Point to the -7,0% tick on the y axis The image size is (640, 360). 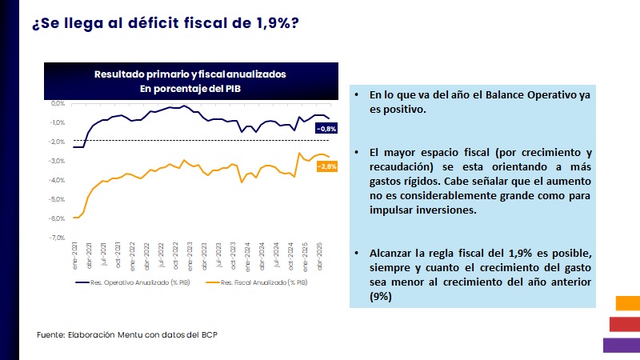[57, 238]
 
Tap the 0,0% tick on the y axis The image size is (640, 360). [58, 103]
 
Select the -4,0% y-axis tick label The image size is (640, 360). [57, 180]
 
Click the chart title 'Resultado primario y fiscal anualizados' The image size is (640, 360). [190, 74]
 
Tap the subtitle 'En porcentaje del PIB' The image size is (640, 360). [190, 88]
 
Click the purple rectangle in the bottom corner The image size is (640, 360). [622, 345]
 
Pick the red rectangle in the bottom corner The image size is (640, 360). [625, 323]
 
